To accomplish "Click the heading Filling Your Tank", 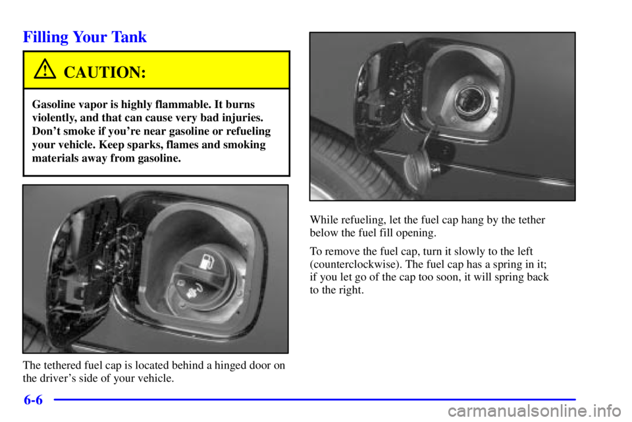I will (x=85, y=38).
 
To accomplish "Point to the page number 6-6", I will (x=30, y=400).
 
